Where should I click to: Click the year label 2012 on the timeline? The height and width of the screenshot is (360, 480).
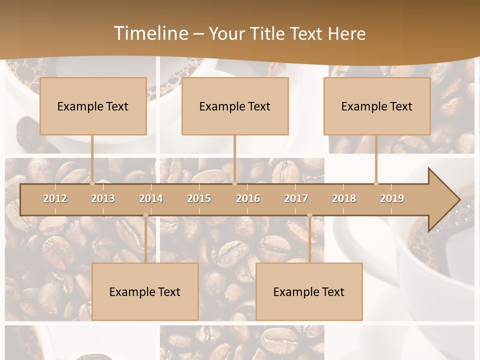point(55,198)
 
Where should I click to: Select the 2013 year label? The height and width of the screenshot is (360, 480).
point(103,198)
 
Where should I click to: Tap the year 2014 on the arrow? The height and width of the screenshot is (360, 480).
point(151,198)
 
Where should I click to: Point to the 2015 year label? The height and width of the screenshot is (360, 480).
point(199,198)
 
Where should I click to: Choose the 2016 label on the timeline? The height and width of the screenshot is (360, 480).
point(248,198)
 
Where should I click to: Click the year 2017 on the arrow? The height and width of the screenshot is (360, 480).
point(296,198)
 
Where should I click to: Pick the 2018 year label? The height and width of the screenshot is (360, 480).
point(344,198)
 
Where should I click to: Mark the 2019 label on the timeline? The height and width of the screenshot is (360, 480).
point(392,198)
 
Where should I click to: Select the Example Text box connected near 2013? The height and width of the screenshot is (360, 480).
point(93,106)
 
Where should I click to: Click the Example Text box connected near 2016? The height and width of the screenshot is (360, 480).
point(235,106)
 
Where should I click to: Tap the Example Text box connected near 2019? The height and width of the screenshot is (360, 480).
point(377,106)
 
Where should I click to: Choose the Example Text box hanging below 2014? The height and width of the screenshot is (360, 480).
point(145,291)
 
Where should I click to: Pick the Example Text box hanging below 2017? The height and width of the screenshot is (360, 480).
point(309,291)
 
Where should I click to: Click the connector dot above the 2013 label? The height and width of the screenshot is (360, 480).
point(92,183)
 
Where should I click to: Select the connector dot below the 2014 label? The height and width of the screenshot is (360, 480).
point(145,215)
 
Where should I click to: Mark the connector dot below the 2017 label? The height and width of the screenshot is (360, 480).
point(309,215)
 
